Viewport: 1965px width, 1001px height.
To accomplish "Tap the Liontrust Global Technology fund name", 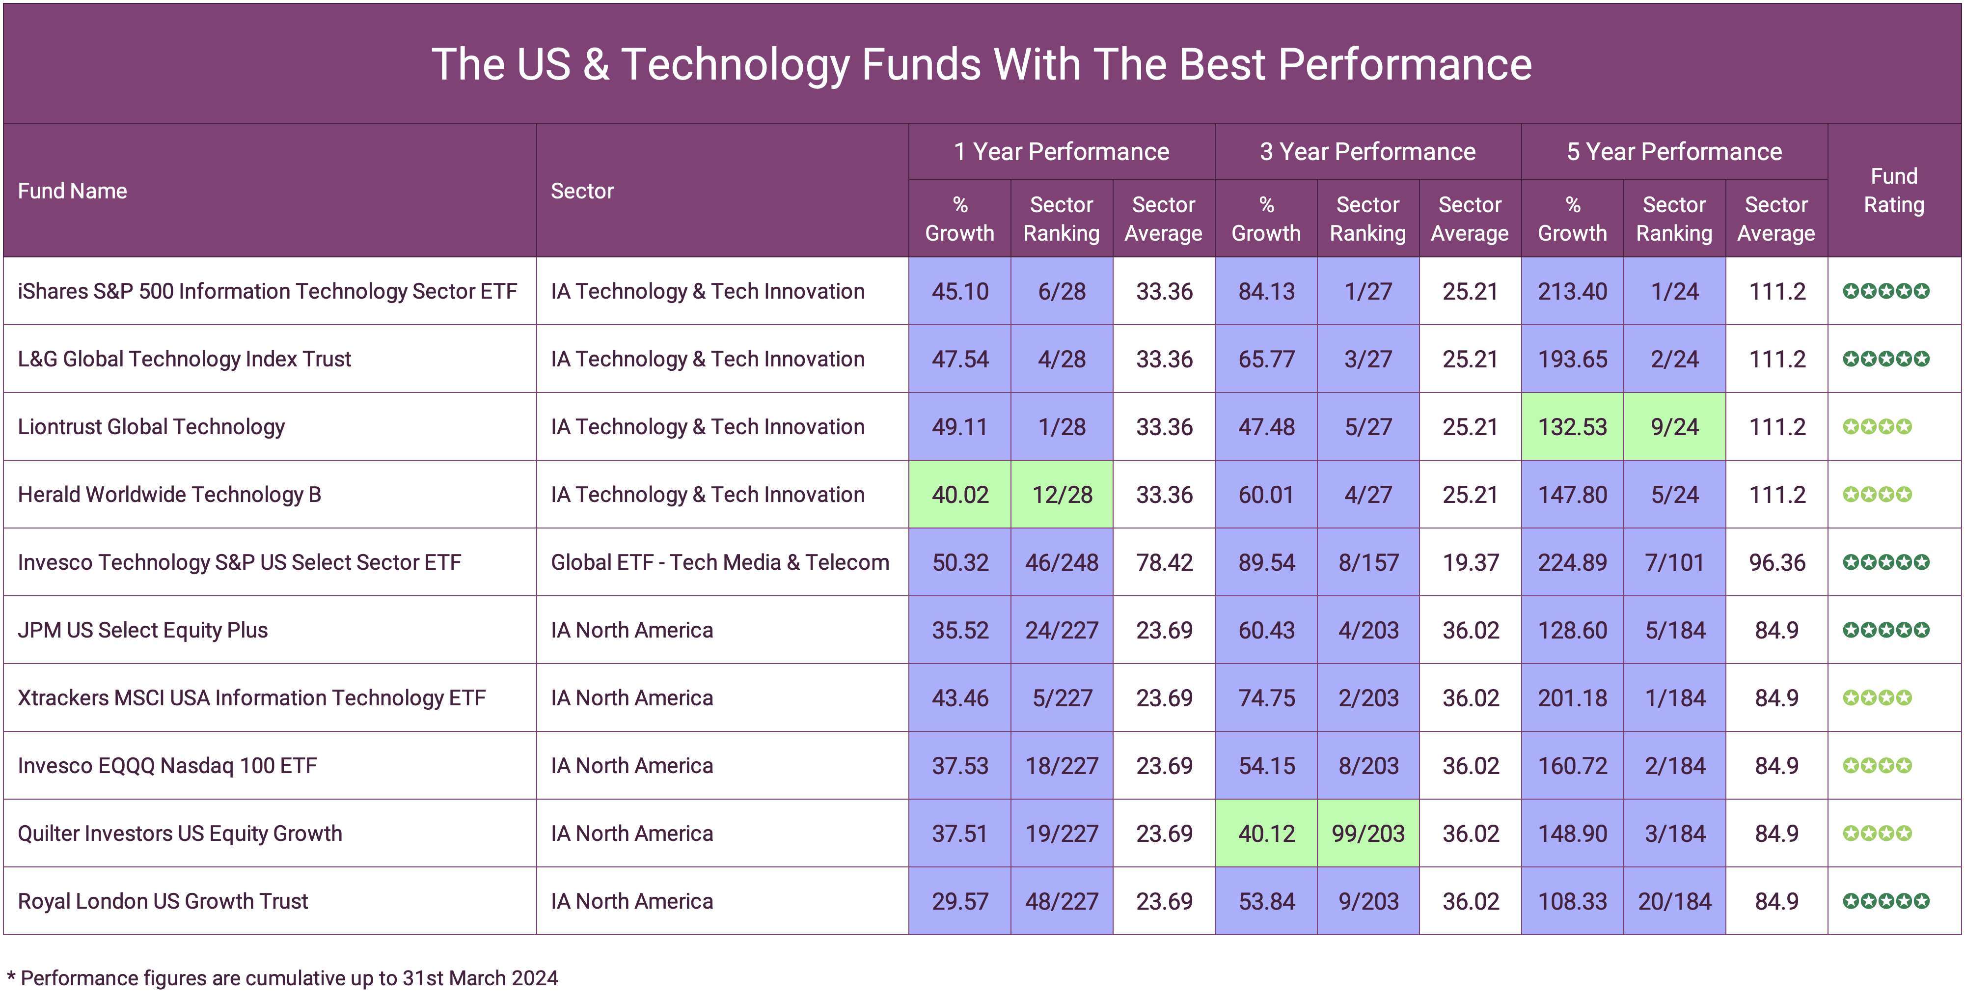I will (151, 426).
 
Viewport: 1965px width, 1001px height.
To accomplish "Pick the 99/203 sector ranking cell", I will (1368, 833).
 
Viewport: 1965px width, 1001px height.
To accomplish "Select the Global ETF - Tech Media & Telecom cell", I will (719, 562).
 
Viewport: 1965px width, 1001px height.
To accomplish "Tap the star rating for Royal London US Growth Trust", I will (1885, 901).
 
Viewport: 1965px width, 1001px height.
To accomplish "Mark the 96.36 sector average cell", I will (1776, 562).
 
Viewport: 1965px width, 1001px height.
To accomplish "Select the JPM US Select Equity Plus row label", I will (143, 630).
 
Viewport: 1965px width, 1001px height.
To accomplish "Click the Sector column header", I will (582, 191).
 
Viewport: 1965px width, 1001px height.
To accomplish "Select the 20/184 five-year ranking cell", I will (1674, 901).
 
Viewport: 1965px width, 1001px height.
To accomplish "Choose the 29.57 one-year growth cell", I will (959, 901).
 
